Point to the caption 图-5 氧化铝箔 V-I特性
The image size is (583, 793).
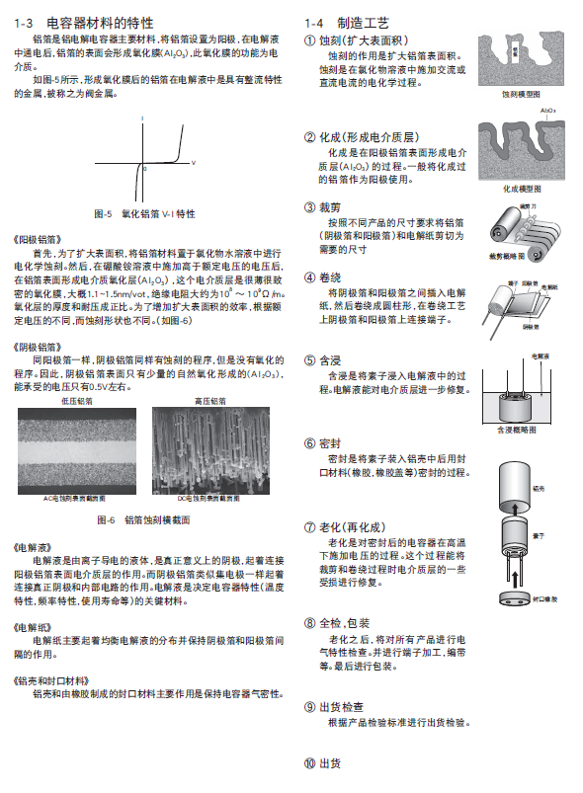pos(144,213)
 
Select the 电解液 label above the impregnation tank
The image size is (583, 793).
pos(540,354)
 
